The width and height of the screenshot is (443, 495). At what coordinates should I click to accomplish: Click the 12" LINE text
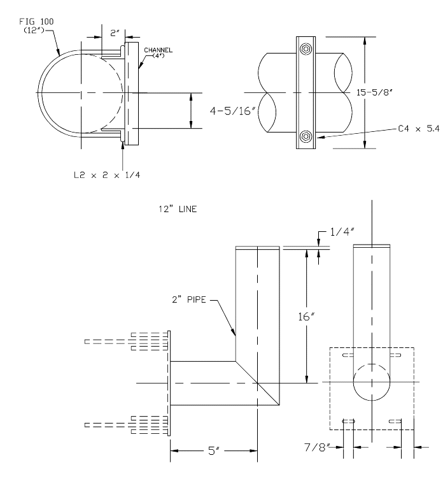pos(181,208)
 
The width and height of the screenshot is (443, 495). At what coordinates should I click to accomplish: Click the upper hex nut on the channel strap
pos(306,50)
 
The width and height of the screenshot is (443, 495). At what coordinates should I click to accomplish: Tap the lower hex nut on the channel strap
pos(306,136)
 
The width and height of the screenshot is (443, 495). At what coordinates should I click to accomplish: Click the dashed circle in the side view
pos(372,382)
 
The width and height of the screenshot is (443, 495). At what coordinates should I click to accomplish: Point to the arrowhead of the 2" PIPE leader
pos(235,334)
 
